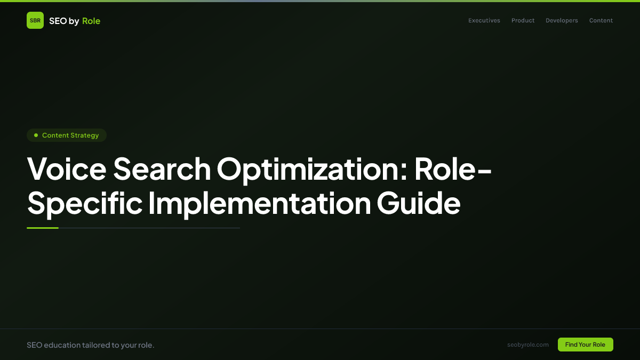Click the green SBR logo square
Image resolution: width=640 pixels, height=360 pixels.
pyautogui.click(x=35, y=20)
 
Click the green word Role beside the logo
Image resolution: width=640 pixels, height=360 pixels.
pyautogui.click(x=91, y=21)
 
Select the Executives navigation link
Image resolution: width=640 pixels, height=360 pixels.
pyautogui.click(x=484, y=21)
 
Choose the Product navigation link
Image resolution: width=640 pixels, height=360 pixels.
pyautogui.click(x=523, y=21)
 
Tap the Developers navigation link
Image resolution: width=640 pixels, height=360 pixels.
pyautogui.click(x=562, y=21)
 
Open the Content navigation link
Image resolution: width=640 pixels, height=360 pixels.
pyautogui.click(x=601, y=21)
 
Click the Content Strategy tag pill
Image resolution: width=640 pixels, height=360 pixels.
pyautogui.click(x=67, y=135)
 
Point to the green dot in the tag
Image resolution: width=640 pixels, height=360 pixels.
pyautogui.click(x=36, y=135)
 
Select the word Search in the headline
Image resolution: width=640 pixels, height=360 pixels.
pyautogui.click(x=162, y=170)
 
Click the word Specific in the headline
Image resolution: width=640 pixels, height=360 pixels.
pyautogui.click(x=85, y=203)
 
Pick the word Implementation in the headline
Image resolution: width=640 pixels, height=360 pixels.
pyautogui.click(x=259, y=203)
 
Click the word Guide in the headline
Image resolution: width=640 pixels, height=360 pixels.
pyautogui.click(x=419, y=203)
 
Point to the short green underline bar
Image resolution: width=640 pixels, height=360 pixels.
pyautogui.click(x=43, y=228)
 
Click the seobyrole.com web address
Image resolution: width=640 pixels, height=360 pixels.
pyautogui.click(x=528, y=345)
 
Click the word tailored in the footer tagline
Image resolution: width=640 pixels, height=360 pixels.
pyautogui.click(x=97, y=345)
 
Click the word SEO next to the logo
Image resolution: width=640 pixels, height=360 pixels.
pyautogui.click(x=58, y=21)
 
